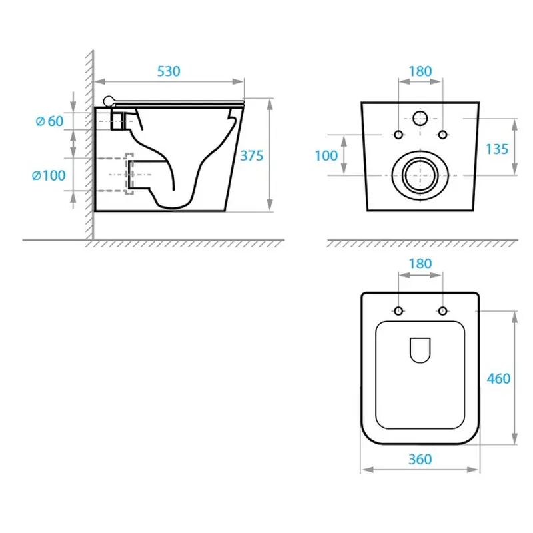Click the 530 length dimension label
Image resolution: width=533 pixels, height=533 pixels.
click(169, 71)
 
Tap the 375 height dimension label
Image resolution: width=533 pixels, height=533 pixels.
click(252, 156)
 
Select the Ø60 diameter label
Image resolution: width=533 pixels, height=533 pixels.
click(49, 121)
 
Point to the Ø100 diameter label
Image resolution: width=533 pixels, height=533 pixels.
click(49, 175)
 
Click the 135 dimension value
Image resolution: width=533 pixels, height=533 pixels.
click(497, 149)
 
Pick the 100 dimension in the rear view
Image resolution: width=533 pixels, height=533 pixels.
click(326, 156)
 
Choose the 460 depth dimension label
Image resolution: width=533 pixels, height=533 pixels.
click(498, 378)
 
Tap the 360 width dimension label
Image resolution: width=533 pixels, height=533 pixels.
click(420, 460)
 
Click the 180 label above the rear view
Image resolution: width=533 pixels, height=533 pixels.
click(420, 71)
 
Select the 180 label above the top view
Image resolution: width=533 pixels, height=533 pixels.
click(420, 264)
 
